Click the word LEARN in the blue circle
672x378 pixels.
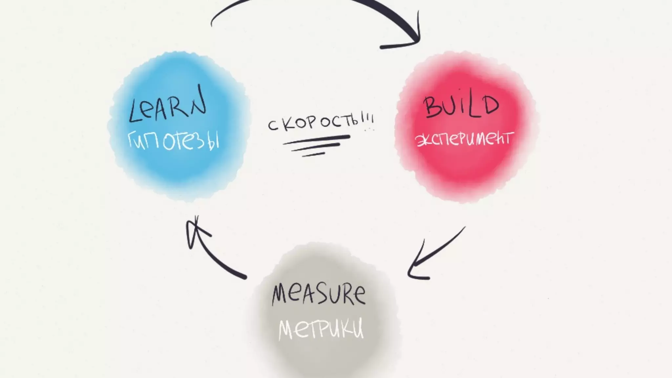click(167, 105)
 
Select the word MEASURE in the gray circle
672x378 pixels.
click(318, 294)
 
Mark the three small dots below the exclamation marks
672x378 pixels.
click(369, 130)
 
